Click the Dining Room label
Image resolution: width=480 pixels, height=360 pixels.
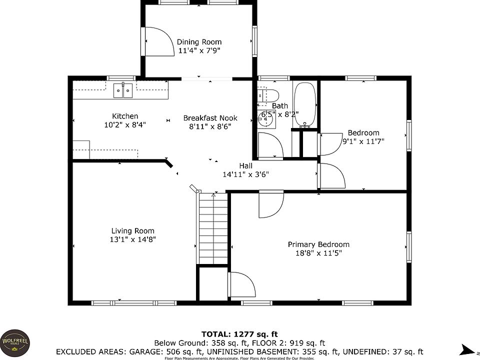[199, 42]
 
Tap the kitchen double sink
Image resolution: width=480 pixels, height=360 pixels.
[122, 90]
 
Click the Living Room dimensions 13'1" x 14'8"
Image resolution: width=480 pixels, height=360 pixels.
[132, 239]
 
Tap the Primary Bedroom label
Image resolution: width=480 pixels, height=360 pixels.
[318, 244]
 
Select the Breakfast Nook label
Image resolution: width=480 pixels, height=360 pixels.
[210, 118]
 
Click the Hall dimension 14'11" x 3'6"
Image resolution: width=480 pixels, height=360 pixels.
[245, 175]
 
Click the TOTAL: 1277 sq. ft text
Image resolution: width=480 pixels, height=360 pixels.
[239, 334]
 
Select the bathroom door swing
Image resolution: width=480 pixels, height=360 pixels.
[270, 145]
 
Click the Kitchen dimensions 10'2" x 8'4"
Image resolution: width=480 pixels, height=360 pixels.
[125, 125]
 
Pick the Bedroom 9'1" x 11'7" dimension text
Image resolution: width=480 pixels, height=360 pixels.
[363, 141]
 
